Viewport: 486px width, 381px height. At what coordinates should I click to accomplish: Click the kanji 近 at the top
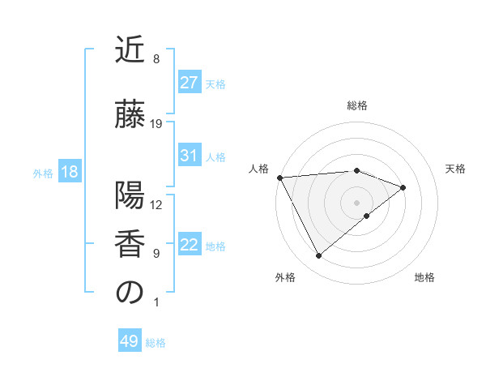pos(130,50)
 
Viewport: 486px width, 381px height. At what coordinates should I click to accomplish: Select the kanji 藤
pos(130,115)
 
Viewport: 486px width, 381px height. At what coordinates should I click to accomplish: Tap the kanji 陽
pos(130,197)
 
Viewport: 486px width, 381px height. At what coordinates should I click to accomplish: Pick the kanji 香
pos(130,245)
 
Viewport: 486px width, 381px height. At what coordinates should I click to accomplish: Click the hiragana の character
pos(130,293)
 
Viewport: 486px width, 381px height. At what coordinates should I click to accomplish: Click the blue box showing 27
pos(189,83)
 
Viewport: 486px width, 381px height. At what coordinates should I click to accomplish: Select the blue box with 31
pos(189,156)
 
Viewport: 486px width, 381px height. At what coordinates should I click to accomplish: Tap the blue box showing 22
pos(189,246)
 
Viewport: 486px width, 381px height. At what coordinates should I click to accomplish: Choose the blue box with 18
pos(69,173)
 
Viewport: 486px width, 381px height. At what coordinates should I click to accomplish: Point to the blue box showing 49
pos(130,342)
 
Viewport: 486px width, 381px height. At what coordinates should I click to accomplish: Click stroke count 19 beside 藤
pos(156,124)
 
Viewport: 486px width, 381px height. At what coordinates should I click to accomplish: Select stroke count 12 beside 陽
pos(156,205)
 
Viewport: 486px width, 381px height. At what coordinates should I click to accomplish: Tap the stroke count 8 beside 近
pos(156,59)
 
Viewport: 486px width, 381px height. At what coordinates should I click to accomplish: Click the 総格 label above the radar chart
pos(357,105)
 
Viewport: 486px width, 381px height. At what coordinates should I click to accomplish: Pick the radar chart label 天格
pos(455,169)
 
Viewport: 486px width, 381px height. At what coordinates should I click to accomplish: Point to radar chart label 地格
pos(424,278)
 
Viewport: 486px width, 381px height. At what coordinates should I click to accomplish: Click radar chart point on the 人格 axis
pos(279,178)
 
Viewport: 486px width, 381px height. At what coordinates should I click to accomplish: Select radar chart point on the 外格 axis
pos(318,256)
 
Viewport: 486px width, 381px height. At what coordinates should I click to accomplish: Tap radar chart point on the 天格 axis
pos(403,187)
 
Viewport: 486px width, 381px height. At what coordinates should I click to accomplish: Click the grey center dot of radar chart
pos(357,202)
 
